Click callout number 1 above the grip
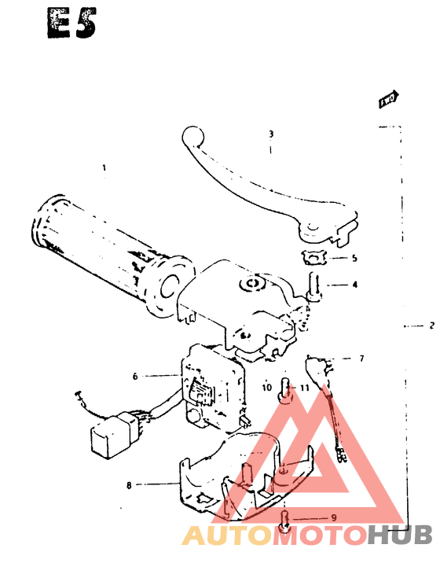[103, 167]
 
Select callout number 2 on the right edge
[431, 325]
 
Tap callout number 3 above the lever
[270, 134]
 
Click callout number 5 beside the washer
[354, 258]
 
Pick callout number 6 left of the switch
[134, 377]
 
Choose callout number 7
[361, 359]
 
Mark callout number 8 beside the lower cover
[129, 485]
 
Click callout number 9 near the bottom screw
[333, 517]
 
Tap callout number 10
[266, 387]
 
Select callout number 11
[304, 387]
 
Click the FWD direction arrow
[388, 99]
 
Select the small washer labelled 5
[313, 256]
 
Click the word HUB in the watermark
[400, 535]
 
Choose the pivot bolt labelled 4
[314, 285]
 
